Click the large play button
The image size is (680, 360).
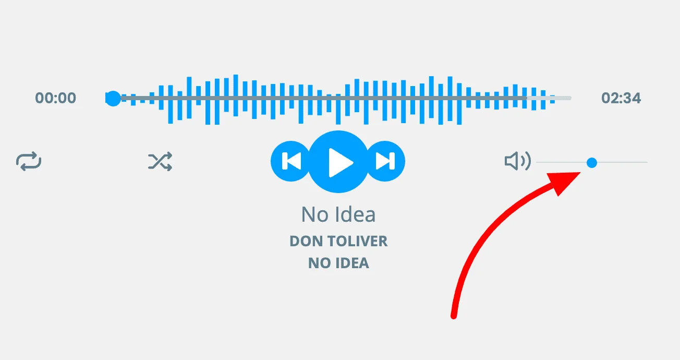[338, 162]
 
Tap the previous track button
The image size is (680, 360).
[290, 161]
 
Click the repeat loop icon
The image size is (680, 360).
[29, 161]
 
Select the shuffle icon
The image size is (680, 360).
[160, 161]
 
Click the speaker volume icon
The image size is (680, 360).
[518, 161]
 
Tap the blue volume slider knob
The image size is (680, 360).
[592, 163]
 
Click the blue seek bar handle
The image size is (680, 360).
[113, 98]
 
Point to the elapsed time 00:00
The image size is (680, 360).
[56, 98]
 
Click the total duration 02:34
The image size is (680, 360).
[621, 98]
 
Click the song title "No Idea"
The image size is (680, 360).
[338, 214]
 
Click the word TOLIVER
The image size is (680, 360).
[357, 241]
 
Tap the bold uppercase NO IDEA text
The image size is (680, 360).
[338, 263]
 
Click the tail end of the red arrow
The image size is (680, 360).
[454, 316]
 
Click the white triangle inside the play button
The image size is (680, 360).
[340, 163]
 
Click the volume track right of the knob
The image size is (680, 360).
[622, 162]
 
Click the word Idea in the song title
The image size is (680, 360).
[356, 214]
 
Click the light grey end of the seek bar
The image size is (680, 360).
[549, 98]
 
